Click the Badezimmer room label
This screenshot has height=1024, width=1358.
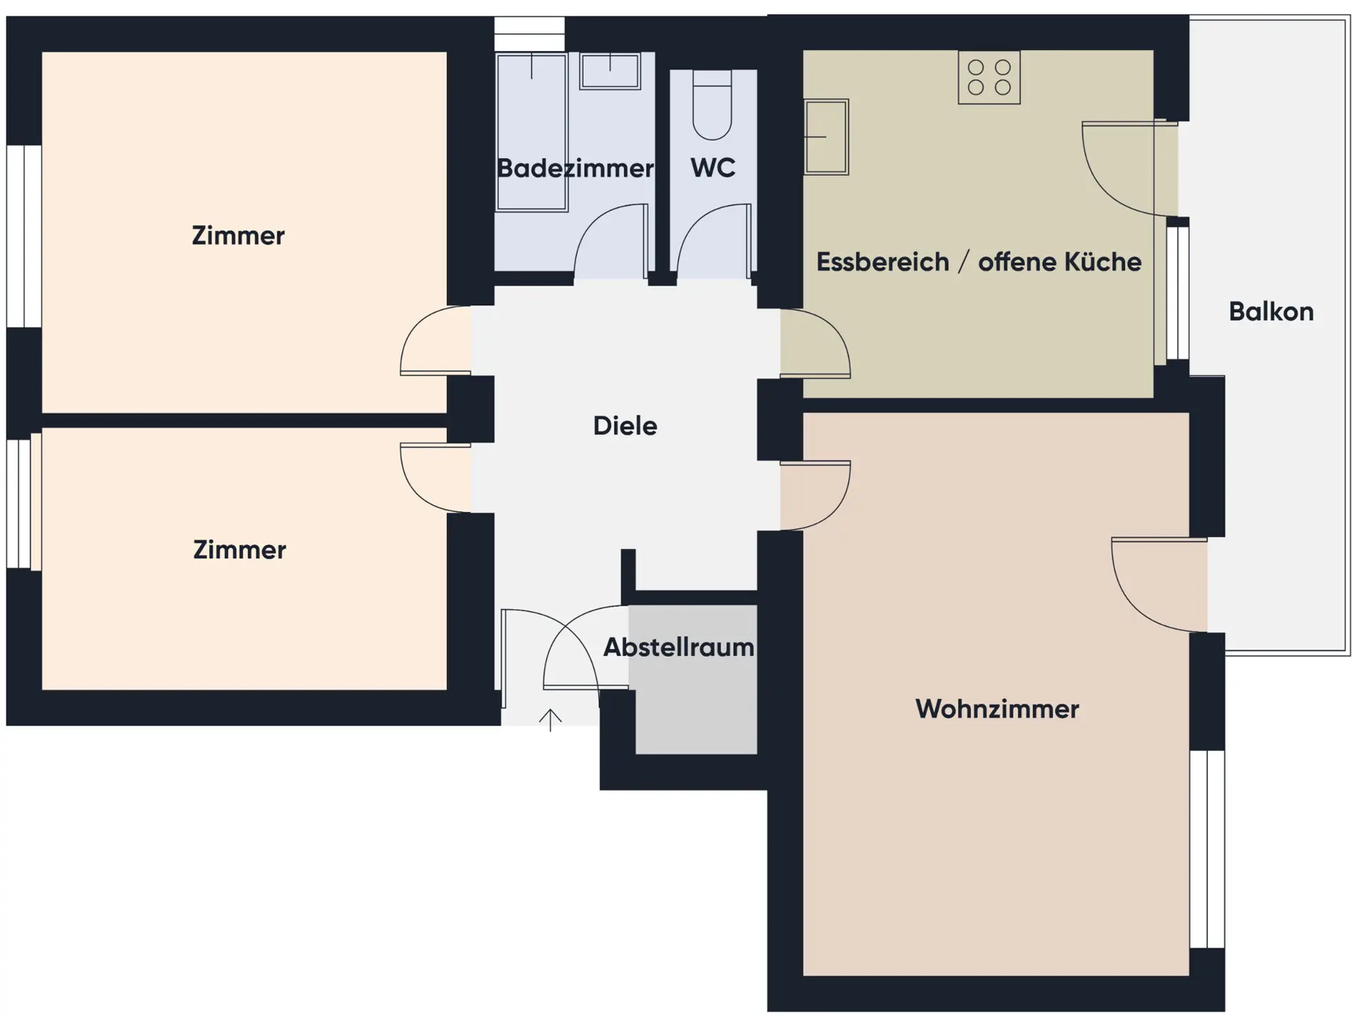575,168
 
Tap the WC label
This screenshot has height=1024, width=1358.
713,168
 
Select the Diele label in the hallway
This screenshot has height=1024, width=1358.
625,426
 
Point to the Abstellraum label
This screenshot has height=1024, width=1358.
678,647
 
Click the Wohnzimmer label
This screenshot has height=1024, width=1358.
997,709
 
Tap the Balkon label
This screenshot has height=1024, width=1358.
1271,312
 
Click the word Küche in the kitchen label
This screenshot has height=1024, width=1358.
1103,262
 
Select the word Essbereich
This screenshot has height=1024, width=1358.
883,262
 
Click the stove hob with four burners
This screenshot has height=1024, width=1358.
989,77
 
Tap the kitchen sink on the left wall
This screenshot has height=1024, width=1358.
826,137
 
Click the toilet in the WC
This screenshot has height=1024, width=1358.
712,105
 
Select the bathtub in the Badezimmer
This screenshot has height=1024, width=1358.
532,132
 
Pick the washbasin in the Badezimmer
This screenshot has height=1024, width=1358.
610,71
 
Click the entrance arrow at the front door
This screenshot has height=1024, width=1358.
550,720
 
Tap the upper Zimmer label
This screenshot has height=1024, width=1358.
238,235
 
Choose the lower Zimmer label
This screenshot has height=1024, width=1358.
240,549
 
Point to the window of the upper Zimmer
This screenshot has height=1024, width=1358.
24,236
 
